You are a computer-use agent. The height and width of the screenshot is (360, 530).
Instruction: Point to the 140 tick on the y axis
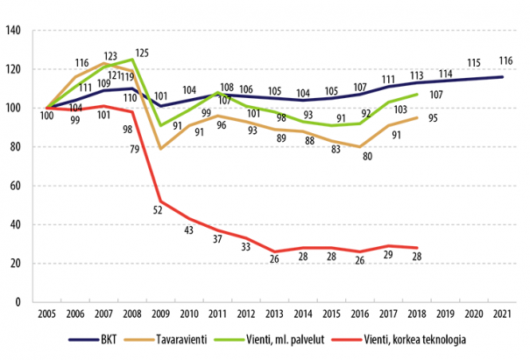(x=13, y=31)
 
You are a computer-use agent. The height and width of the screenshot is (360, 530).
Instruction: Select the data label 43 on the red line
(x=187, y=229)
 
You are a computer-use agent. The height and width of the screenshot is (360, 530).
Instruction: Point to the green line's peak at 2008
(x=131, y=60)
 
